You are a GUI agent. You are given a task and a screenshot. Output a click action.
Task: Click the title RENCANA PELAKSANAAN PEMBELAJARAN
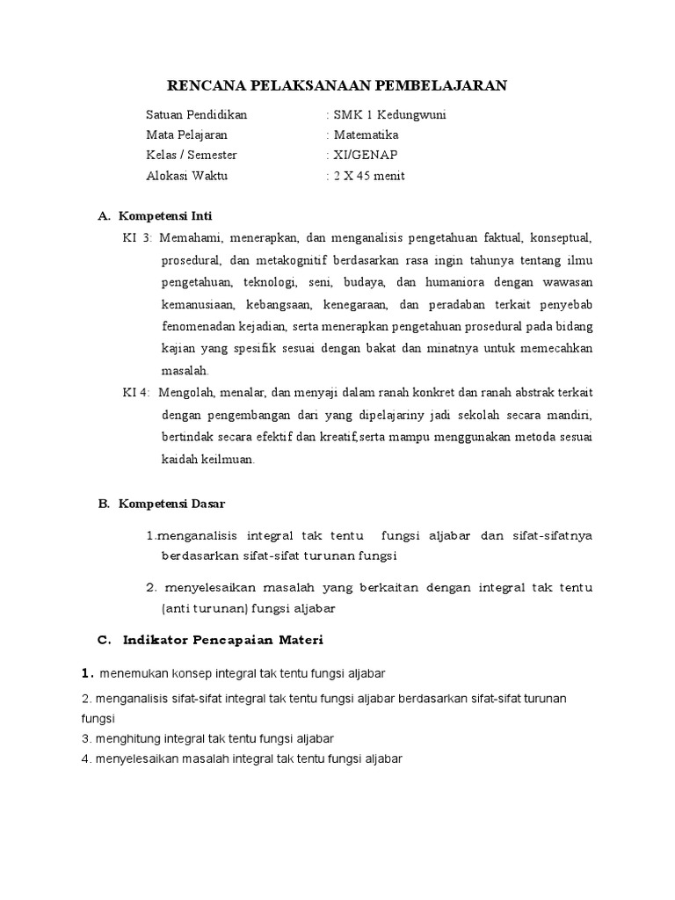click(x=337, y=85)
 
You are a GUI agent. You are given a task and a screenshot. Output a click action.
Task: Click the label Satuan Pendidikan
click(x=197, y=114)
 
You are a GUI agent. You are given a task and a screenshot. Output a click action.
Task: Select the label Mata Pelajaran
click(x=186, y=134)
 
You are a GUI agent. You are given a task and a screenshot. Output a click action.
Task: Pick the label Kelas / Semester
click(x=192, y=155)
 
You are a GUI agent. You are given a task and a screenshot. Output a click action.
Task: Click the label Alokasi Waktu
click(x=186, y=175)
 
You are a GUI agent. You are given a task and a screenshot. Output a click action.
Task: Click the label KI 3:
click(x=137, y=238)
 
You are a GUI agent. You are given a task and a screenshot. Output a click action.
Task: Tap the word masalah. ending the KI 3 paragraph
click(x=185, y=371)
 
